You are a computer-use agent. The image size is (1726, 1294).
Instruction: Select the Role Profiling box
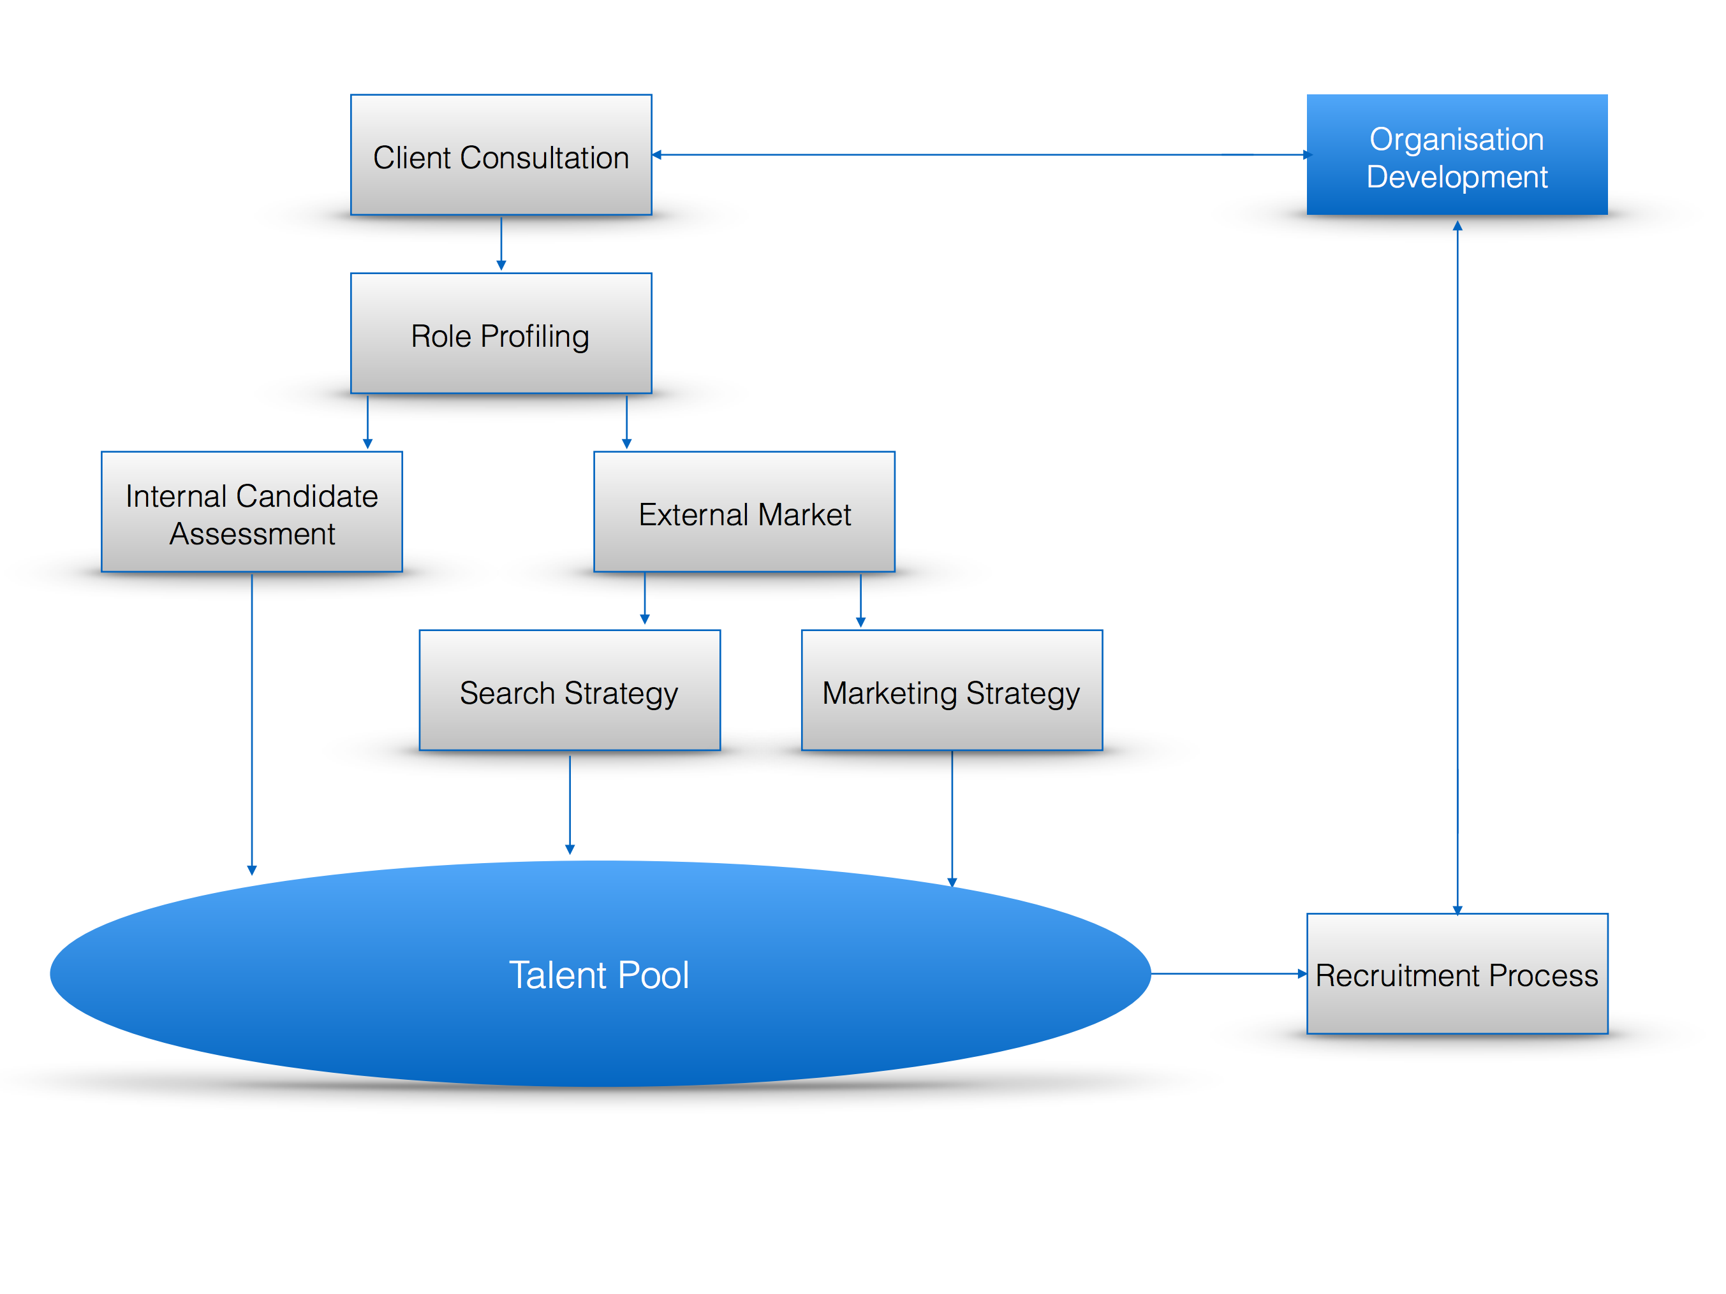coord(501,333)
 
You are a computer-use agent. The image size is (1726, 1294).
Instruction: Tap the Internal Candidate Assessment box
coord(252,512)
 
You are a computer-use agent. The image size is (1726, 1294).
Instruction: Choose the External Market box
coord(744,512)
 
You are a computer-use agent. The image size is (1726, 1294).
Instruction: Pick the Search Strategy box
coord(570,690)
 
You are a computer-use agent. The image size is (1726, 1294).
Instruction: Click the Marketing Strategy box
coord(952,690)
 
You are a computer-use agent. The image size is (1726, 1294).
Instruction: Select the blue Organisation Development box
coord(1457,154)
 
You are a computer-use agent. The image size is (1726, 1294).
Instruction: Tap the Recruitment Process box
coord(1457,973)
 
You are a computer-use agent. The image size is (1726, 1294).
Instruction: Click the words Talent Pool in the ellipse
coord(600,975)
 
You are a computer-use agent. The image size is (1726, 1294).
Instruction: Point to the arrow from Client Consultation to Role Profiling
coord(501,244)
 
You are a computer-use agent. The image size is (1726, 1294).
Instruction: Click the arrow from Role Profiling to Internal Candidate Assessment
coord(367,422)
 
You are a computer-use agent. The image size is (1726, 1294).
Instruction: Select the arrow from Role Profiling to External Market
coord(626,422)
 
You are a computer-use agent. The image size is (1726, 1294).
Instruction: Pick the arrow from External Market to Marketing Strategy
coord(860,600)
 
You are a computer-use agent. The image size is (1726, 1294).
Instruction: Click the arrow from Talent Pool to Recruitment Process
coord(1229,973)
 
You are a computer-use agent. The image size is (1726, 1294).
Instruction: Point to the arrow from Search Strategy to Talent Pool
coord(570,804)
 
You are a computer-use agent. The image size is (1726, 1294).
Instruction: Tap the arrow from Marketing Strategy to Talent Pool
coord(952,820)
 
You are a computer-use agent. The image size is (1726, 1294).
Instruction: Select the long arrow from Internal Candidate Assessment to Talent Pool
coord(252,725)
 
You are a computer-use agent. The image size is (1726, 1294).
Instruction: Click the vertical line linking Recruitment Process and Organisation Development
coord(1457,568)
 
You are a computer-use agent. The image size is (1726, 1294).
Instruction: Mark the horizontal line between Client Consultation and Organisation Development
coord(982,154)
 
